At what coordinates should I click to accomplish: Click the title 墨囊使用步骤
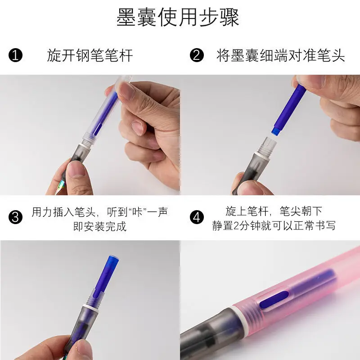tap(178, 18)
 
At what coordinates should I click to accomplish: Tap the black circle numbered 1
tap(15, 55)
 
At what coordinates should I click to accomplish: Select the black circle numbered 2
tap(197, 55)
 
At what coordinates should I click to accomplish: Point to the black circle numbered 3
tap(15, 217)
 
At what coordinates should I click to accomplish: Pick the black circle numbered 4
tap(197, 217)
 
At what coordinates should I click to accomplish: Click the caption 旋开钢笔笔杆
tap(90, 55)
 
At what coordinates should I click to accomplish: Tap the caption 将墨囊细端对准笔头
tap(280, 55)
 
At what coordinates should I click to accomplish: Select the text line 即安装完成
tap(100, 226)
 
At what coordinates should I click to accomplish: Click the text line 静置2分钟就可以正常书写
tap(274, 225)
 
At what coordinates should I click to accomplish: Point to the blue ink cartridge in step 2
tap(289, 109)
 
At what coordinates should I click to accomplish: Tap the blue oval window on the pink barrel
tap(274, 300)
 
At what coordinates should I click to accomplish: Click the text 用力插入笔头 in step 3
tap(63, 212)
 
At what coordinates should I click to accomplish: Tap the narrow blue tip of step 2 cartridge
tap(277, 130)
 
